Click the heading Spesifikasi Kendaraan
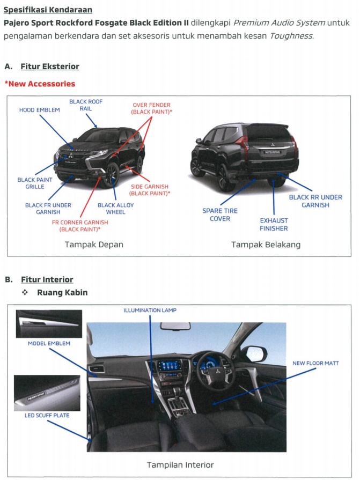tap(48, 10)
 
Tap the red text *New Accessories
tap(40, 84)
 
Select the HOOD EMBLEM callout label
tap(40, 110)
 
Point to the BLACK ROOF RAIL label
tap(86, 105)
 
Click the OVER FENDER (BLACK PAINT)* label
tap(151, 109)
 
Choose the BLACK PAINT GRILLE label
tap(35, 183)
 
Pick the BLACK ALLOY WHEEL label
tap(116, 209)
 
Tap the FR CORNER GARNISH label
tap(79, 225)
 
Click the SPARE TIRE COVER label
tap(220, 215)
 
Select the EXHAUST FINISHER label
tap(274, 224)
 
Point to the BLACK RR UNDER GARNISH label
tap(315, 201)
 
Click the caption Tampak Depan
tap(94, 245)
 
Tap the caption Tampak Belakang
tap(266, 245)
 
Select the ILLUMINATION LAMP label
tap(150, 310)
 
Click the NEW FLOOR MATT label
tap(315, 363)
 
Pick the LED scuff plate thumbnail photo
tap(47, 393)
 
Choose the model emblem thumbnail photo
tap(49, 323)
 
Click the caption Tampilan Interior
tap(180, 465)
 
